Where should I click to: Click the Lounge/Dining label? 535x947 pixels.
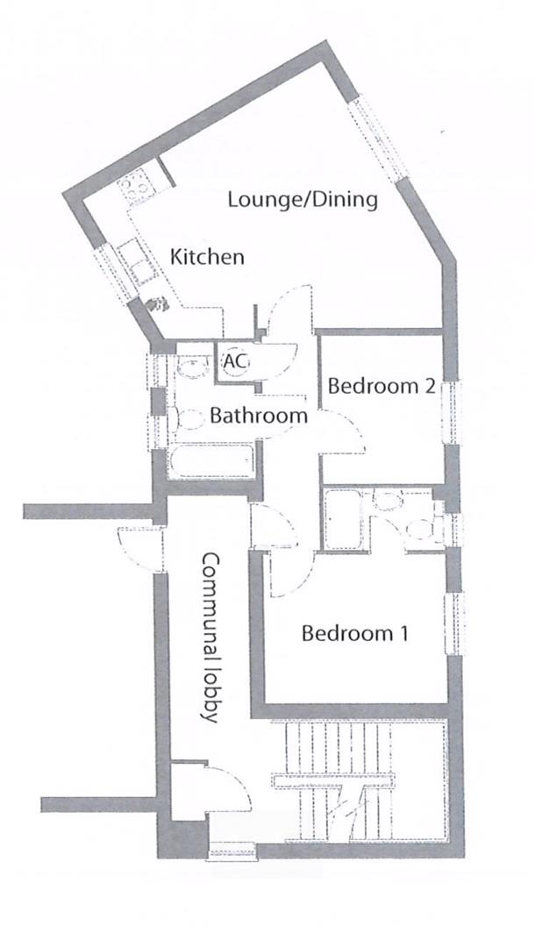tap(303, 199)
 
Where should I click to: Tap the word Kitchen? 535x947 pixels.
tap(207, 258)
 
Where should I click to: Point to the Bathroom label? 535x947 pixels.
tap(259, 416)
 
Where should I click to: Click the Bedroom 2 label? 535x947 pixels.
tap(382, 386)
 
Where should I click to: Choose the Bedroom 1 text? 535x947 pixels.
tap(354, 632)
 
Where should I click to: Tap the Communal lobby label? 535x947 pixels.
tap(209, 637)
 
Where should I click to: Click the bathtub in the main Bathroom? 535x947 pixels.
tap(211, 462)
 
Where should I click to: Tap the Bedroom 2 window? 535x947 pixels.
tap(453, 411)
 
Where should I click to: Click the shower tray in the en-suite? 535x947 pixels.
tap(343, 519)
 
